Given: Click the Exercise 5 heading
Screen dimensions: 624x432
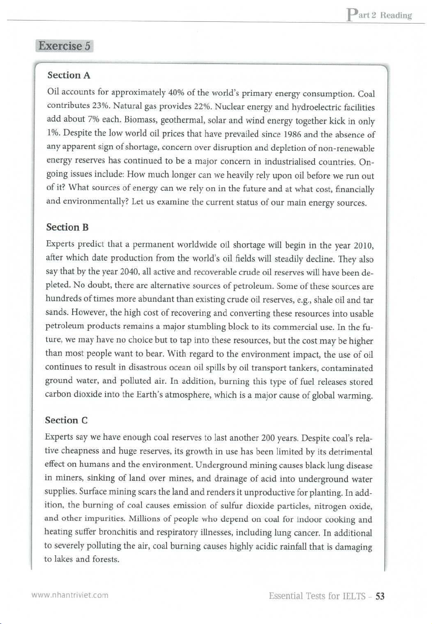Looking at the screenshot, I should pos(65,46).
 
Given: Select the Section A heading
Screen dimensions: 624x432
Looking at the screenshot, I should pos(69,75).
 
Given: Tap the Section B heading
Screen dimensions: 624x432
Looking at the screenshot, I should pos(67,227).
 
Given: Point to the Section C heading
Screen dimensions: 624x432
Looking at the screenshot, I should pos(66,420).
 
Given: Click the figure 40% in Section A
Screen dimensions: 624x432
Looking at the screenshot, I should pos(176,92).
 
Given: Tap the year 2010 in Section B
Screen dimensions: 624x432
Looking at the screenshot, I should pos(363,246).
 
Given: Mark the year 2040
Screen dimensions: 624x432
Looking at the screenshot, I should pos(129,272).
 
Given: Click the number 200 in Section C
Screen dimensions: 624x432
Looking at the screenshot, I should pos(268,438).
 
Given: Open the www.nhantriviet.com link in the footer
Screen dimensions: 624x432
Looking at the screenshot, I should pos(70,595).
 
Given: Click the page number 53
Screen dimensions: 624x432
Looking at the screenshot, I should pos(380,596).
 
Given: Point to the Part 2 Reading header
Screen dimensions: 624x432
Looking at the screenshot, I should pos(379,15).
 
